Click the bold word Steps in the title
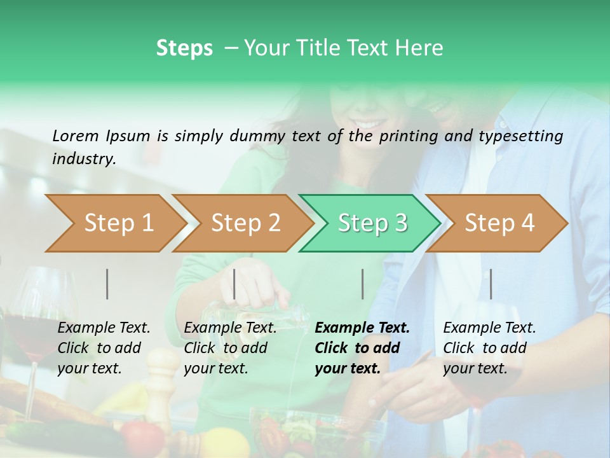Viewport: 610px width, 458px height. (184, 48)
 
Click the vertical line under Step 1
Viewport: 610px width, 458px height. (107, 284)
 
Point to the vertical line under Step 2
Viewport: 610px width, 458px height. (234, 284)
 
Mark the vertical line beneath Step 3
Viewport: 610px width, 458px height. (362, 284)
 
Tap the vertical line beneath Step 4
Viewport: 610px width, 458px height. (491, 284)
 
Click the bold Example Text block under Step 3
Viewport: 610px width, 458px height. (362, 348)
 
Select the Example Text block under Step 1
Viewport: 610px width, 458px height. (104, 348)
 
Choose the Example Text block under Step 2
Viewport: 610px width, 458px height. (230, 348)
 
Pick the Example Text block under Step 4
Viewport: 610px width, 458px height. (489, 348)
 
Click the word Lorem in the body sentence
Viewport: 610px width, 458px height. (76, 135)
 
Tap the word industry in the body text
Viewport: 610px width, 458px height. (83, 158)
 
